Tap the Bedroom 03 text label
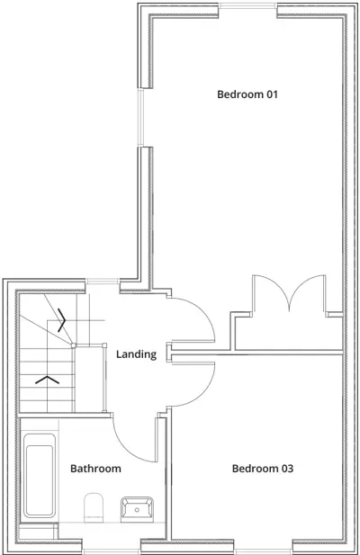(x=263, y=468)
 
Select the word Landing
(x=137, y=354)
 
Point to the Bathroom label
(x=95, y=468)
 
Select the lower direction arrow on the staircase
(x=47, y=379)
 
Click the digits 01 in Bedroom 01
(x=271, y=94)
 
